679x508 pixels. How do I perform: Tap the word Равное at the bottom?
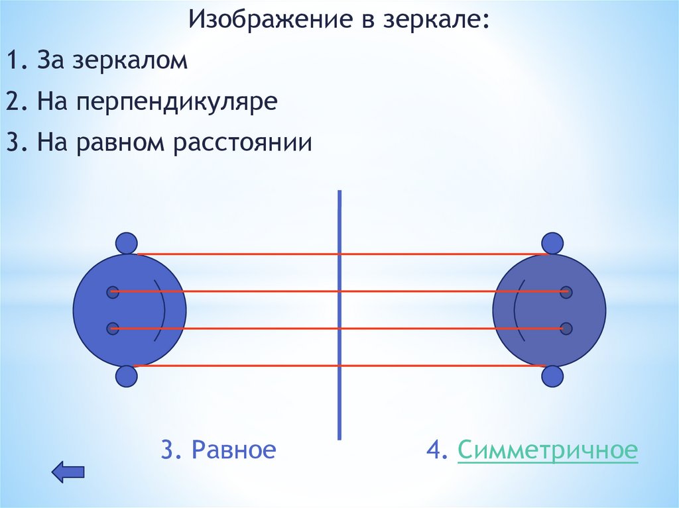(234, 450)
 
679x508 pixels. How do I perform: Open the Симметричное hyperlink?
(548, 450)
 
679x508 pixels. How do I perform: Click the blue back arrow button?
(68, 472)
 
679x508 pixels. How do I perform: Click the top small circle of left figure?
(126, 244)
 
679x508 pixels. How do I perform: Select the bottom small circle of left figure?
(126, 376)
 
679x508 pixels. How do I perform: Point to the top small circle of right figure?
(552, 244)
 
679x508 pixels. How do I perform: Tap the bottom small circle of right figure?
(552, 376)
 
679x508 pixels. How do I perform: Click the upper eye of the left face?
(113, 291)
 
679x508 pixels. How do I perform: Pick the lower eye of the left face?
(113, 328)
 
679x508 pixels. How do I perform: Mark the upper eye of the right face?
(566, 291)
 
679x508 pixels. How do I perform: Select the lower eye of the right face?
(566, 328)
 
